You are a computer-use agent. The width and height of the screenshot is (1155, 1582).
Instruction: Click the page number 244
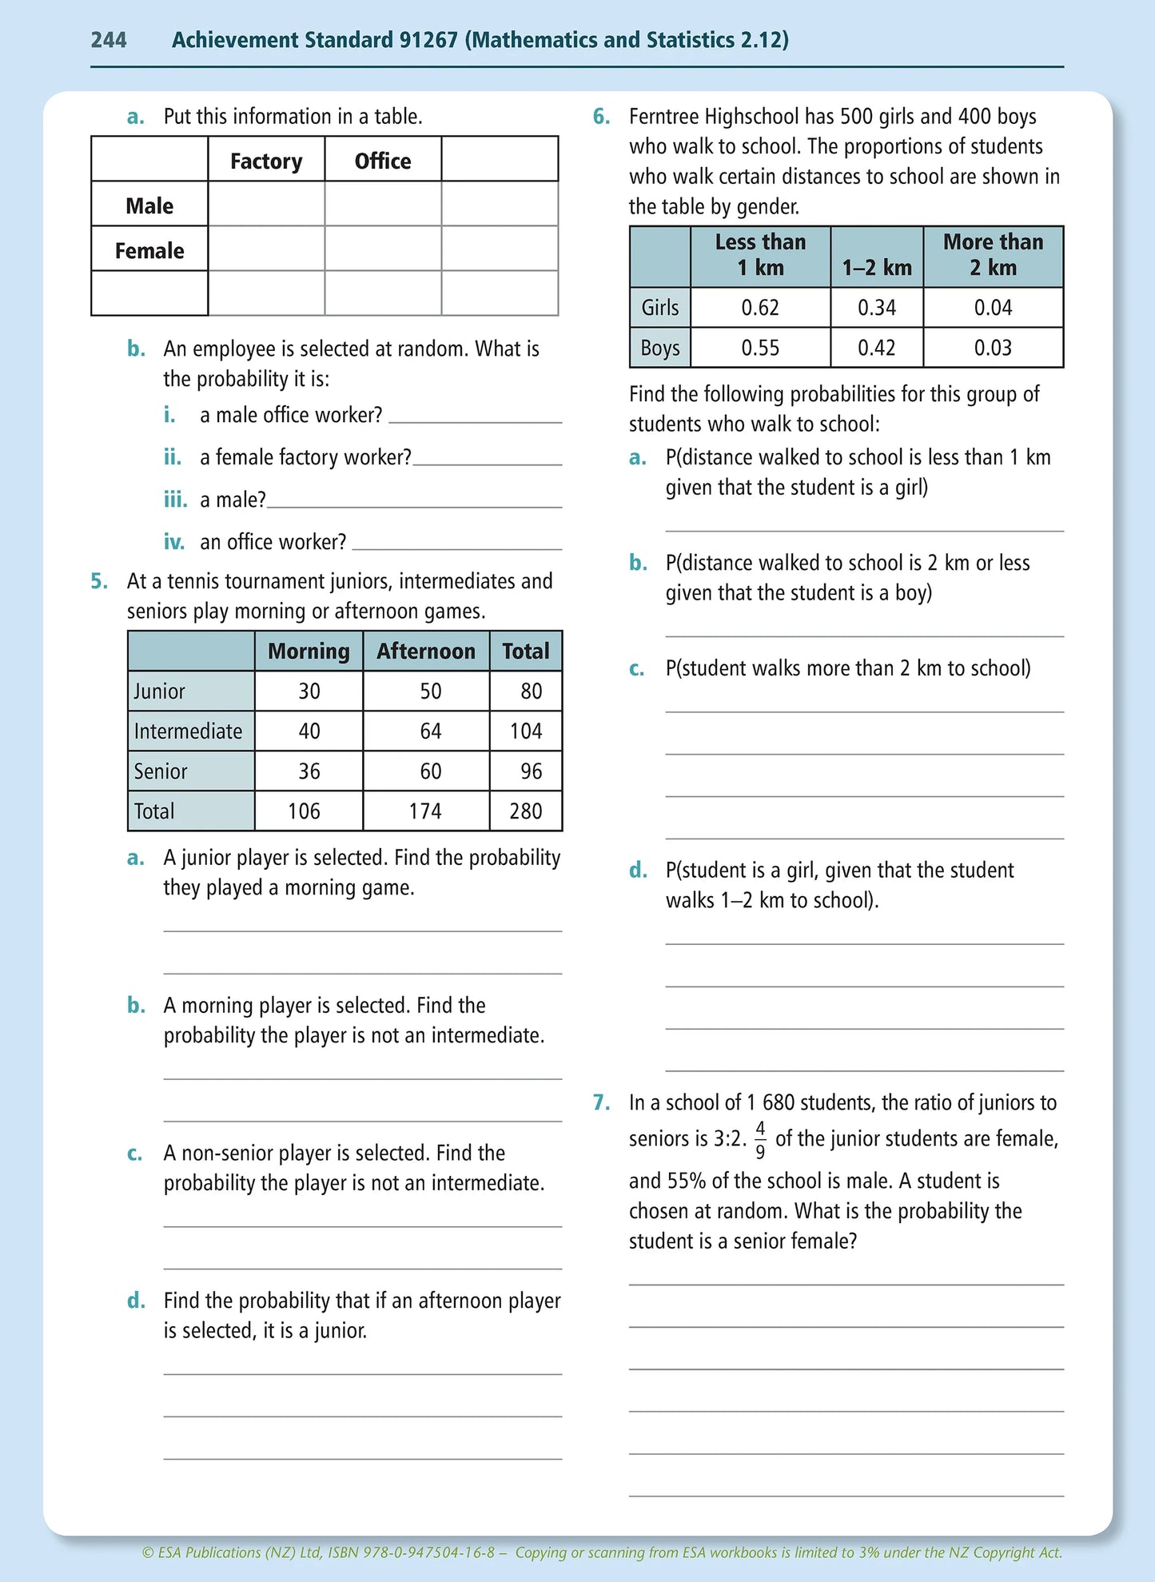click(x=109, y=40)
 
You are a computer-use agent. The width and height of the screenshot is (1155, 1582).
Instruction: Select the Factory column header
click(x=266, y=161)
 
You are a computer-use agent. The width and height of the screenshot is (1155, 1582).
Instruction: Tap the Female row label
click(x=149, y=250)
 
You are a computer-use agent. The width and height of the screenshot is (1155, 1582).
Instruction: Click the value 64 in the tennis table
click(x=430, y=731)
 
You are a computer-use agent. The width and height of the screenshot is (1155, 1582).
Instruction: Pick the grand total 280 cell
click(x=525, y=811)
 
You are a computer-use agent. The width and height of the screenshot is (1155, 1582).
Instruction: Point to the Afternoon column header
click(x=425, y=651)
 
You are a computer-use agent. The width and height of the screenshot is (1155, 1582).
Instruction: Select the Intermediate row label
click(x=188, y=731)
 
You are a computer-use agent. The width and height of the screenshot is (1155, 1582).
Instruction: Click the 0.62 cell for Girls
click(x=759, y=308)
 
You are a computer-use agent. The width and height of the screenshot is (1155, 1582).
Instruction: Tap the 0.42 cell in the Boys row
click(x=876, y=348)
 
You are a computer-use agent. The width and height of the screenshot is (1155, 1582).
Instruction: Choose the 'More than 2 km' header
click(x=993, y=254)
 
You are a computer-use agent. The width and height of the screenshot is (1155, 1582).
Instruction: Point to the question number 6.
click(x=601, y=117)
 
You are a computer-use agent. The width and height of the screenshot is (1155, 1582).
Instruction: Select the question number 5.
click(x=98, y=581)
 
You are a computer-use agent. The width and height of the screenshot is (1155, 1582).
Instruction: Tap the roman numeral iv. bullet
click(x=173, y=542)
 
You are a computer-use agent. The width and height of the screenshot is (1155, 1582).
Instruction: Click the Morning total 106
click(x=304, y=811)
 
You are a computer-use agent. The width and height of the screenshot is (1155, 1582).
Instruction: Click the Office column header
click(x=383, y=161)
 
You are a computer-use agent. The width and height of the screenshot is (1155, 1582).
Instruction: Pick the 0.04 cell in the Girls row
click(x=993, y=308)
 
